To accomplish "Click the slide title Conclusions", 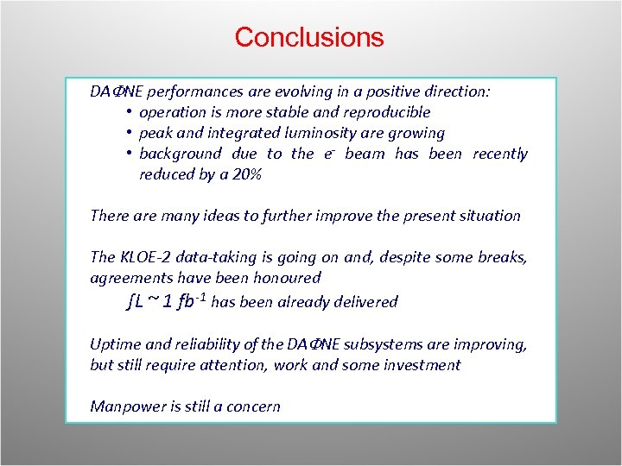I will (308, 38).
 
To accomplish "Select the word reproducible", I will (386, 112).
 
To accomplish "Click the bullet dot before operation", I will (127, 112).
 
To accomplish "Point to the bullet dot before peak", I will (127, 133).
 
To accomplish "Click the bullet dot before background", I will (127, 154).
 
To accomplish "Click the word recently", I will (500, 154).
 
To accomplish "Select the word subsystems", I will (385, 344).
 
